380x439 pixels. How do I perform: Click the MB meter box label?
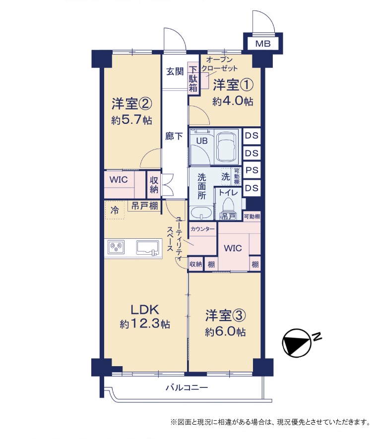tap(263, 44)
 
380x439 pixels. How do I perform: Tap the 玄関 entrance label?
tap(175, 71)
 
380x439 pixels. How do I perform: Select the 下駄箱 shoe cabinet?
tap(193, 79)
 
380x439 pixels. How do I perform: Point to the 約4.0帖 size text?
tap(233, 101)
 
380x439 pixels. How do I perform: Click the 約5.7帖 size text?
tap(131, 120)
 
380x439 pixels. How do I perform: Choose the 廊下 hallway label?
tap(174, 136)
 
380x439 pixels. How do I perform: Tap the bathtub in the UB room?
tap(226, 147)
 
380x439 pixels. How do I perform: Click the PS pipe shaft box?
tap(252, 170)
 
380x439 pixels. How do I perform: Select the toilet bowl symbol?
tap(228, 206)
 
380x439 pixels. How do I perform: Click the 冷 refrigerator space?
tap(115, 210)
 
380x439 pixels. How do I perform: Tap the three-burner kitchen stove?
tap(116, 247)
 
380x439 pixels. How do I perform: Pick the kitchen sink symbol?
tap(148, 248)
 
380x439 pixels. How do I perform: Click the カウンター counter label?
tap(202, 229)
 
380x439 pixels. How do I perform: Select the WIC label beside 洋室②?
tap(119, 179)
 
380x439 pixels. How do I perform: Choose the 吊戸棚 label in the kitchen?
tap(144, 206)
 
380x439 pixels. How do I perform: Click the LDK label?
tap(145, 309)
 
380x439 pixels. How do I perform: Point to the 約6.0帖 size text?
tap(225, 332)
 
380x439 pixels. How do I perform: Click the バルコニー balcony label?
tap(187, 387)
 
